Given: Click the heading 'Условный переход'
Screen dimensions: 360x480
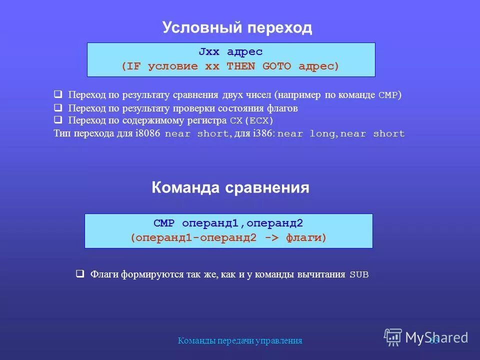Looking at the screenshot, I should (x=237, y=28).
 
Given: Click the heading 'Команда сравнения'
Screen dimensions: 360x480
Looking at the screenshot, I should (x=230, y=188).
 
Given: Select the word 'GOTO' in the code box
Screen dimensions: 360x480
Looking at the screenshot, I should (x=276, y=66).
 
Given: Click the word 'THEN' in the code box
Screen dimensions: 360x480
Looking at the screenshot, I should (x=241, y=66).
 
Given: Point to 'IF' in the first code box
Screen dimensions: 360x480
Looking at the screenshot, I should (x=133, y=66).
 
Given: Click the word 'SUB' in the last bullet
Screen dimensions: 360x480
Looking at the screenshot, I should (x=359, y=274).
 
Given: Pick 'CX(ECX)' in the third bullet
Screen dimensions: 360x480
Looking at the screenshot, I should (x=251, y=121).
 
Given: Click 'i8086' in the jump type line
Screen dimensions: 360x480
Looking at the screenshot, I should (x=148, y=134).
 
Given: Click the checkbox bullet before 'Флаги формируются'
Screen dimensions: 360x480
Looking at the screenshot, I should (x=79, y=274).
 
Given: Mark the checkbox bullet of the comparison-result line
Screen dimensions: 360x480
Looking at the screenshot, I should (x=58, y=94).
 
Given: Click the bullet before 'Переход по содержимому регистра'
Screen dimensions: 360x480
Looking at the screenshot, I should (x=58, y=120).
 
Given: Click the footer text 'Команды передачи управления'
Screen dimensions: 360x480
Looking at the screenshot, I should (x=240, y=341).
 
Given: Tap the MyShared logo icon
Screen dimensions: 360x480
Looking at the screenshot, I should (x=393, y=337).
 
